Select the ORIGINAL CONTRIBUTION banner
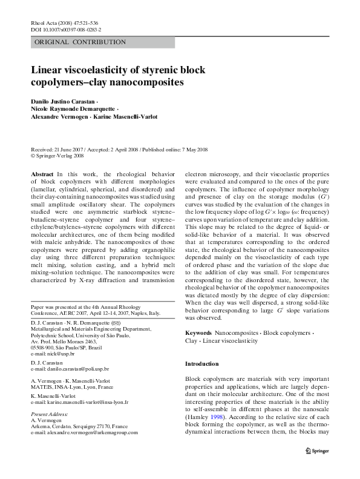[80, 42]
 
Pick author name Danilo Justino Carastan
[62, 99]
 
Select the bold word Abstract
[42, 173]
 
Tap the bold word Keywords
[198, 333]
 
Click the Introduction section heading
[201, 363]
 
